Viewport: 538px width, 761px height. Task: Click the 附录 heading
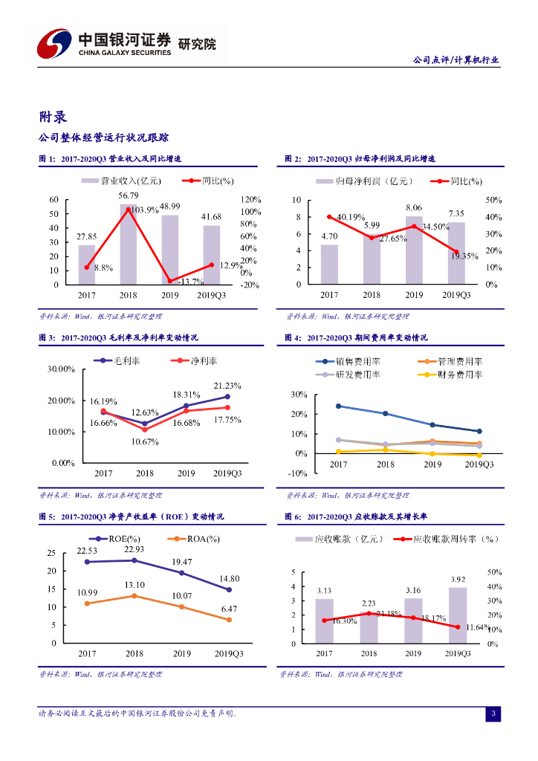tap(54, 116)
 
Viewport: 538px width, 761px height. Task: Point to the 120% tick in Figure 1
tap(251, 200)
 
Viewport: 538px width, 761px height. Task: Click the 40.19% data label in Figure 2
tap(350, 217)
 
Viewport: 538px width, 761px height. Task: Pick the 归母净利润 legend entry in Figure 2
tap(363, 181)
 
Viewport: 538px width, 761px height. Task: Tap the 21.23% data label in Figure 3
tap(227, 386)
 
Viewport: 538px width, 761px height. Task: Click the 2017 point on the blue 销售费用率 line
tap(338, 406)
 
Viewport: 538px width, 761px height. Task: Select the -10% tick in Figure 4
tap(298, 473)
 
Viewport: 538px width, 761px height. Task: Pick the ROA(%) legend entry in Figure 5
tap(195, 539)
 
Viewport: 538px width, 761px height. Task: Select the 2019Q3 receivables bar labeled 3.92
tap(457, 615)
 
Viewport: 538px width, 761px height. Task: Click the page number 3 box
tap(493, 714)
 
